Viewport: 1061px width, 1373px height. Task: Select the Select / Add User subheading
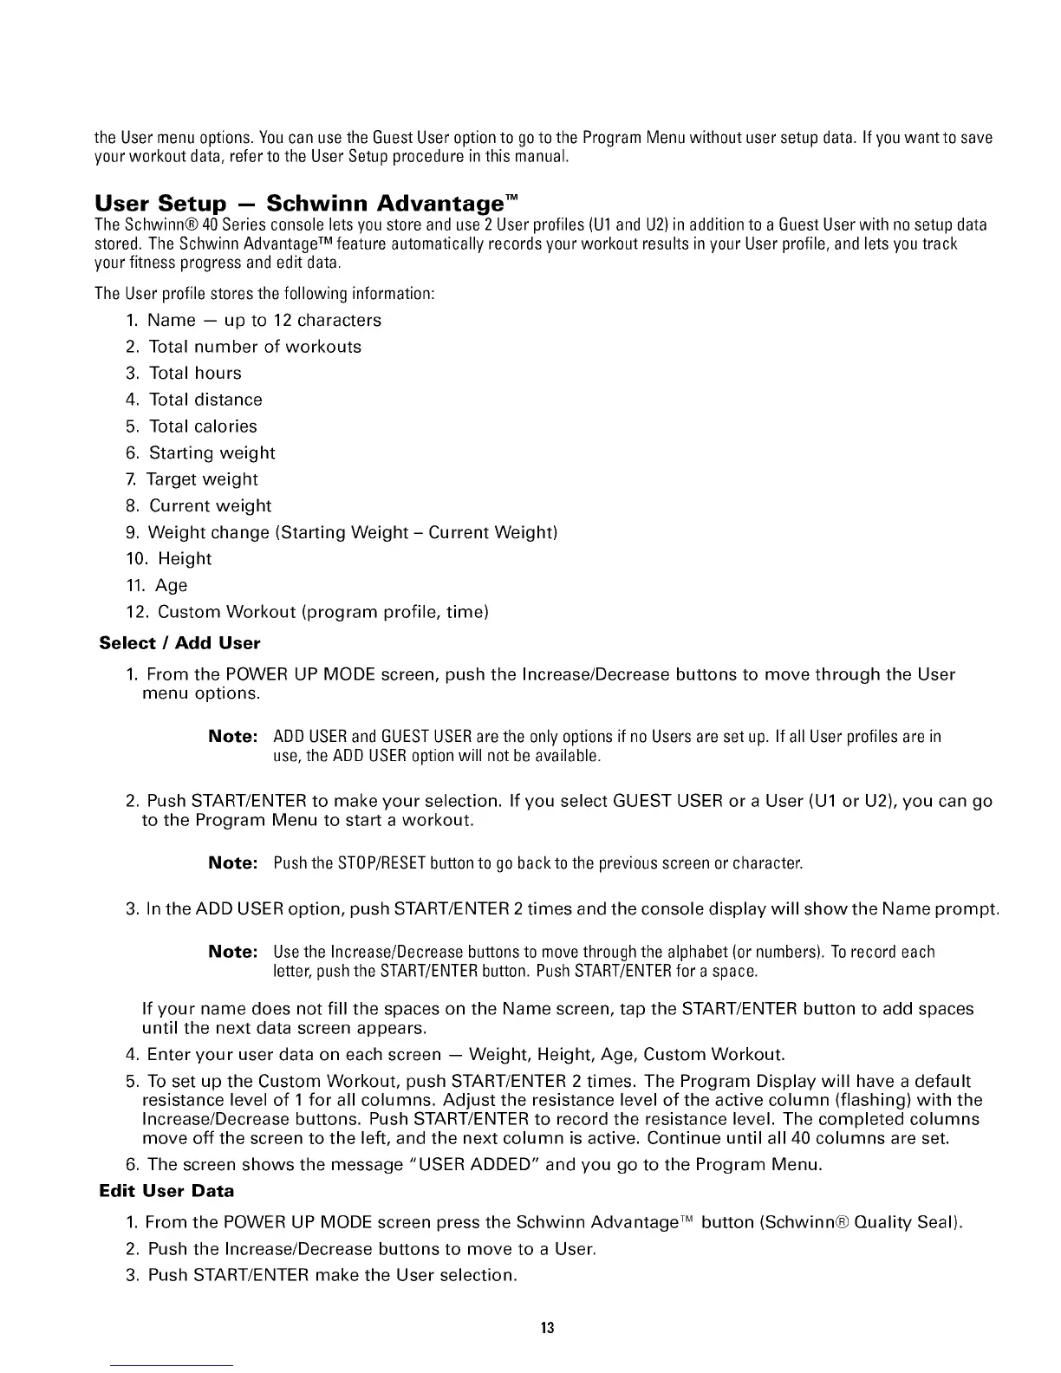180,643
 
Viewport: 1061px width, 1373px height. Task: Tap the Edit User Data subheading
167,1191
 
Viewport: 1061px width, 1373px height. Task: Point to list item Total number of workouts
255,347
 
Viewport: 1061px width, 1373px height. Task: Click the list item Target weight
202,479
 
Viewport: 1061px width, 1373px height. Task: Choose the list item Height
185,559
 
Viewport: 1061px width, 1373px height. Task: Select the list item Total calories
203,426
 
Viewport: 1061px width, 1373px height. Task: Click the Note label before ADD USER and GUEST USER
233,737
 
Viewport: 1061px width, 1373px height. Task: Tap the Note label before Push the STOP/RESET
233,863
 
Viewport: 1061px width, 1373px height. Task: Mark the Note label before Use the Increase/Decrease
233,952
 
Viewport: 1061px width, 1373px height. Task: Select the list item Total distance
205,400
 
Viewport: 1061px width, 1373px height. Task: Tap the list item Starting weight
212,453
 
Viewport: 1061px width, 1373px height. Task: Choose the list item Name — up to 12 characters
264,321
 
